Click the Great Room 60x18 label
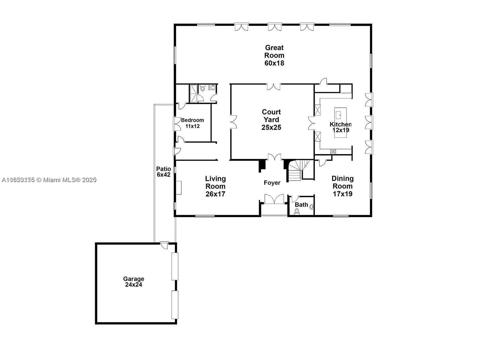click(274, 55)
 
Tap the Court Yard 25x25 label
click(271, 120)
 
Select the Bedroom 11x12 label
click(192, 123)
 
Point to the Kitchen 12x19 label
click(340, 127)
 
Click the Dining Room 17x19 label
click(342, 186)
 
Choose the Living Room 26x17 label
click(215, 186)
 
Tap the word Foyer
click(272, 183)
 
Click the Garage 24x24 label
click(133, 282)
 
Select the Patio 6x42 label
click(163, 172)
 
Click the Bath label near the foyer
click(301, 205)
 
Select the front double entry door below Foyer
click(274, 199)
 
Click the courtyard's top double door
click(274, 86)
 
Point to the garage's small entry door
click(164, 244)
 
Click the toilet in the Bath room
click(297, 211)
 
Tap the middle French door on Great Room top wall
click(275, 27)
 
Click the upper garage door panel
click(175, 266)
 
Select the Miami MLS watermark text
click(49, 180)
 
